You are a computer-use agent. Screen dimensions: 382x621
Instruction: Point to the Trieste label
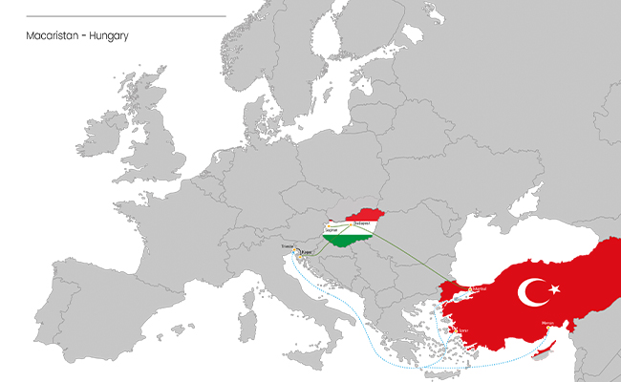(289, 246)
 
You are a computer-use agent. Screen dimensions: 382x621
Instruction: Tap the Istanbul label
(479, 287)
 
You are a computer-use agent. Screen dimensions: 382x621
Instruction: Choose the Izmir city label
(463, 331)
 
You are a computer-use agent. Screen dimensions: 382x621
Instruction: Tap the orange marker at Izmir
(457, 331)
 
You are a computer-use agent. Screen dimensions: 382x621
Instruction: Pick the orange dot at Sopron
(328, 225)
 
